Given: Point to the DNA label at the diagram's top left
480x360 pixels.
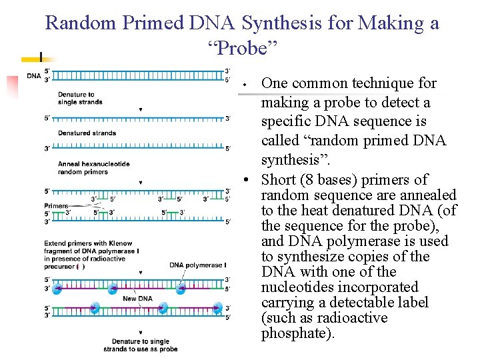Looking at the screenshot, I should (33, 75).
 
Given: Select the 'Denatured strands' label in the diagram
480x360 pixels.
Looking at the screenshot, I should (87, 133).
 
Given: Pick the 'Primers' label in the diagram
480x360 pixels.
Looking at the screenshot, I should (56, 205).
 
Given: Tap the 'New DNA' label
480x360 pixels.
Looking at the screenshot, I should (137, 299).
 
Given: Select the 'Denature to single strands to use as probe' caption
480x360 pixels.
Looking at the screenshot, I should (140, 345).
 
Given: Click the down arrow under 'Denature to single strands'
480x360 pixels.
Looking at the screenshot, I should (140, 109).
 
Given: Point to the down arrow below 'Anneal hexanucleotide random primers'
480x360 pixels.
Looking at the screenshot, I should (140, 182).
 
